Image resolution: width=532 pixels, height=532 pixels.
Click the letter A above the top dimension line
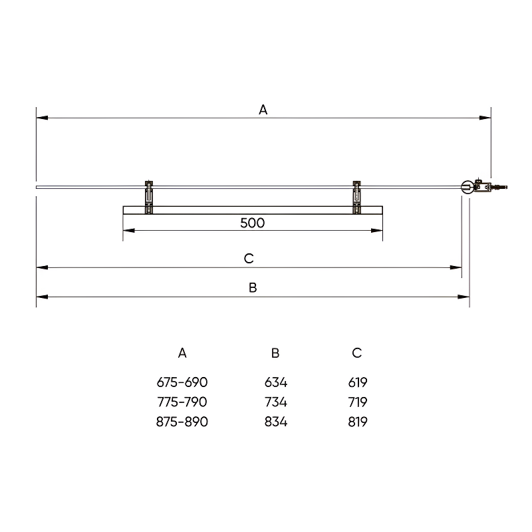263,110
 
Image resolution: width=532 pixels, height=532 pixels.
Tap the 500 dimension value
253,223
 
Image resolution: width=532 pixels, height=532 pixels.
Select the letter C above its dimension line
249,259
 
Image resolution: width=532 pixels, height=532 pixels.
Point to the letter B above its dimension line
253,288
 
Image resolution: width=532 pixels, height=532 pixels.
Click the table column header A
182,353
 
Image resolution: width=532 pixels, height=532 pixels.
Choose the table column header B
275,353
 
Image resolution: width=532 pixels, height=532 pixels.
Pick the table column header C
357,353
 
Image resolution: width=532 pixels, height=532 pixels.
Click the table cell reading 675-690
182,382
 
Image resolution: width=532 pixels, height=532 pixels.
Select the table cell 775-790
182,402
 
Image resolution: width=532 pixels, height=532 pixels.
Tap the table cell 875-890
182,422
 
